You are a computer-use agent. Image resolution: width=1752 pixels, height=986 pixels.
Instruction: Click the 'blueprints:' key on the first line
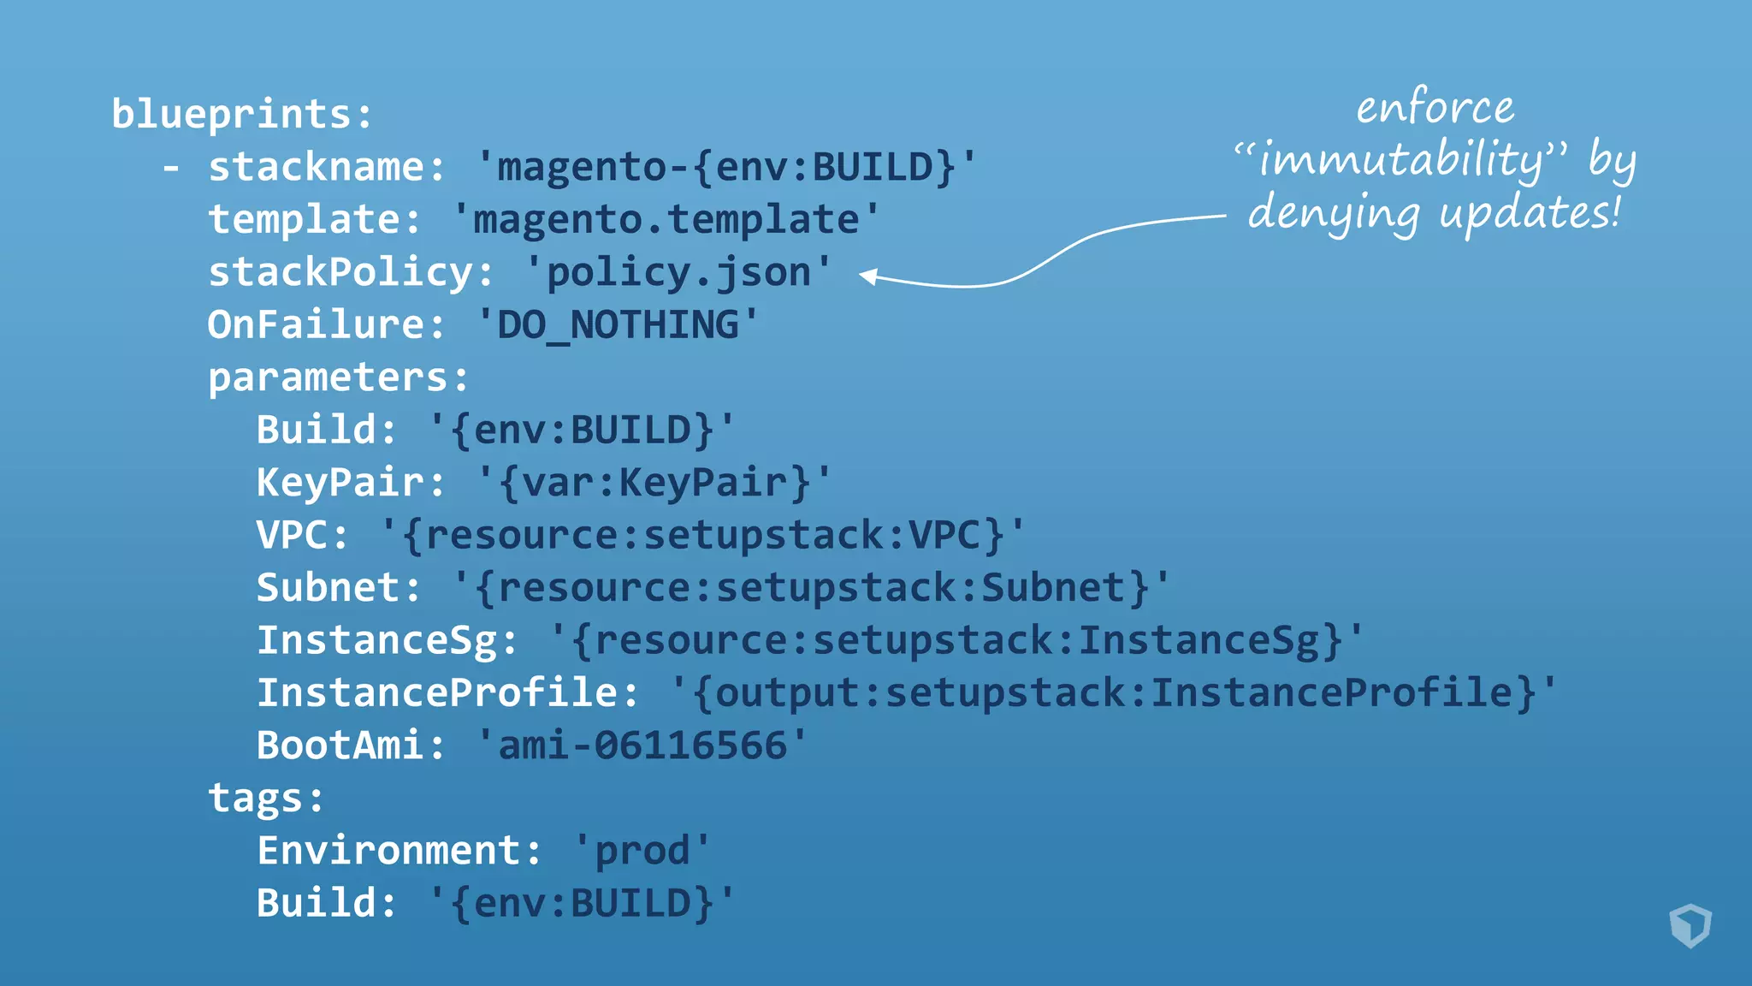(242, 115)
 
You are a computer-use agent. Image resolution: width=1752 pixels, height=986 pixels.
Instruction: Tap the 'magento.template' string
(666, 220)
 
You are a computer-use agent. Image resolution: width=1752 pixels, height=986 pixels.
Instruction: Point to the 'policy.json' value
(678, 273)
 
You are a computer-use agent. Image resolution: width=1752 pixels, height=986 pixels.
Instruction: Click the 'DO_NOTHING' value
(618, 325)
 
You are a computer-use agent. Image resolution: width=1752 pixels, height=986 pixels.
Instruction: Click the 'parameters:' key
(339, 377)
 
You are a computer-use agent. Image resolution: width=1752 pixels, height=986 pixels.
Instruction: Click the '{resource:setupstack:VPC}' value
(702, 536)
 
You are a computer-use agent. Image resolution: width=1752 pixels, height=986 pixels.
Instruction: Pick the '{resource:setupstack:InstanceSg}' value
(956, 641)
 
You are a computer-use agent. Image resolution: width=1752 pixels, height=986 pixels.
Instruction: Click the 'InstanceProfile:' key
(447, 693)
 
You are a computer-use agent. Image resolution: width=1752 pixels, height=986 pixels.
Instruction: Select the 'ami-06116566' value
(642, 745)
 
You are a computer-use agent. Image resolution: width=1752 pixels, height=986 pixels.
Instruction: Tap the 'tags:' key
(266, 799)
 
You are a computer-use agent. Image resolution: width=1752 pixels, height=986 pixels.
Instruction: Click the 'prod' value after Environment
(642, 852)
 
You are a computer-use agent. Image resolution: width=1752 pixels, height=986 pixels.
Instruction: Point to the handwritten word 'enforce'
(1435, 109)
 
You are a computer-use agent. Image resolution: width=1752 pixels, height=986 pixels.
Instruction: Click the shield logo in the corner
(1690, 925)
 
